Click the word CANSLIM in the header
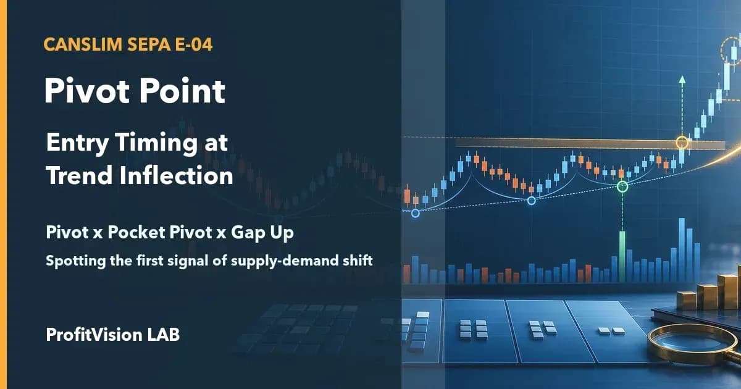83,44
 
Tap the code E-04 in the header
193,44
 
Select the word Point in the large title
182,91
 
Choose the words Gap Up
262,233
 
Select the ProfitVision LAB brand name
113,335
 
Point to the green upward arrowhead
682,80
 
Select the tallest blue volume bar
682,250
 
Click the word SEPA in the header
148,44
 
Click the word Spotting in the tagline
75,261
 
